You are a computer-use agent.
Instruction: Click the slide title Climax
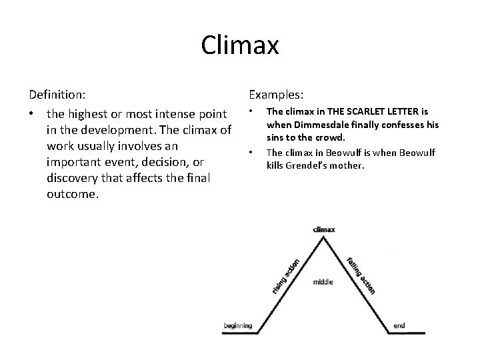click(239, 46)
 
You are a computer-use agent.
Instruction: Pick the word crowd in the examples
click(331, 137)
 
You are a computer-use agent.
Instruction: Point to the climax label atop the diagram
click(324, 229)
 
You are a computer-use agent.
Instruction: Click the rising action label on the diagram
click(286, 275)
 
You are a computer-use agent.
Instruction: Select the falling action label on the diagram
click(361, 274)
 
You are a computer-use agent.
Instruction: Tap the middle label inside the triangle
click(323, 282)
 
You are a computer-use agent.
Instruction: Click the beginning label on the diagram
click(238, 325)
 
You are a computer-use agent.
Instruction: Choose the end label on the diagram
click(399, 325)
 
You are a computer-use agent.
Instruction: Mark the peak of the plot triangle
click(324, 238)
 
